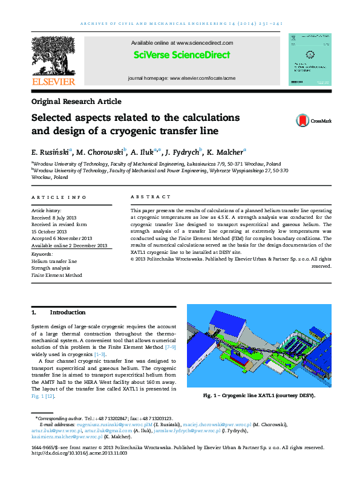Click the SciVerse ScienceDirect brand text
tap(182, 55)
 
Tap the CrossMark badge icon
tap(302, 121)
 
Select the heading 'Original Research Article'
tap(76, 102)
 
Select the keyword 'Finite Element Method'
tap(56, 275)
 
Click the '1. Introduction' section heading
tap(59, 313)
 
